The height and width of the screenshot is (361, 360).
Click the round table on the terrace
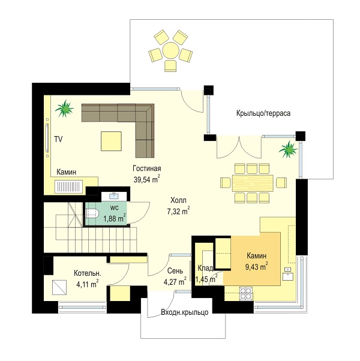[x=170, y=50]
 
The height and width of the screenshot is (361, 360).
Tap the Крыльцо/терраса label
[x=263, y=113]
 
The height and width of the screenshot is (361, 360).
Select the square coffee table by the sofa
[x=111, y=141]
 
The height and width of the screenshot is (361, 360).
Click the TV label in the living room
[x=58, y=139]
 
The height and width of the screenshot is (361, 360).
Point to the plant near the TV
[x=65, y=109]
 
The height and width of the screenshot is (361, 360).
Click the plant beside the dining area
[x=288, y=149]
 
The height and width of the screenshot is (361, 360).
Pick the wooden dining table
[x=253, y=183]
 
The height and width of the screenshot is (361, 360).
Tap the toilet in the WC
[x=92, y=214]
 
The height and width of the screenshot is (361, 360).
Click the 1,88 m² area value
[x=115, y=218]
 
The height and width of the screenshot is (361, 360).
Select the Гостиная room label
[x=147, y=169]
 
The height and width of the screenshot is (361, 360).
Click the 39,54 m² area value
[x=147, y=179]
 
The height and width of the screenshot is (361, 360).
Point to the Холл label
[x=178, y=200]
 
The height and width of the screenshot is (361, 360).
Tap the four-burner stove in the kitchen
[x=246, y=294]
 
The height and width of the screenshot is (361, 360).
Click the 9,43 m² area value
[x=257, y=267]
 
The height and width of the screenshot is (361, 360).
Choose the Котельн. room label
[x=88, y=273]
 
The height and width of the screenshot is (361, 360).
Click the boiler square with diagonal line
[x=59, y=287]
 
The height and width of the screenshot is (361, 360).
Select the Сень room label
[x=175, y=271]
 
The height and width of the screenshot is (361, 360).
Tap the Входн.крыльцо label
[x=185, y=312]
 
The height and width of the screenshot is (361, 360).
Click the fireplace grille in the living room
[x=68, y=186]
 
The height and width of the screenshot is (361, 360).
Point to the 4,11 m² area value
[x=87, y=284]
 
